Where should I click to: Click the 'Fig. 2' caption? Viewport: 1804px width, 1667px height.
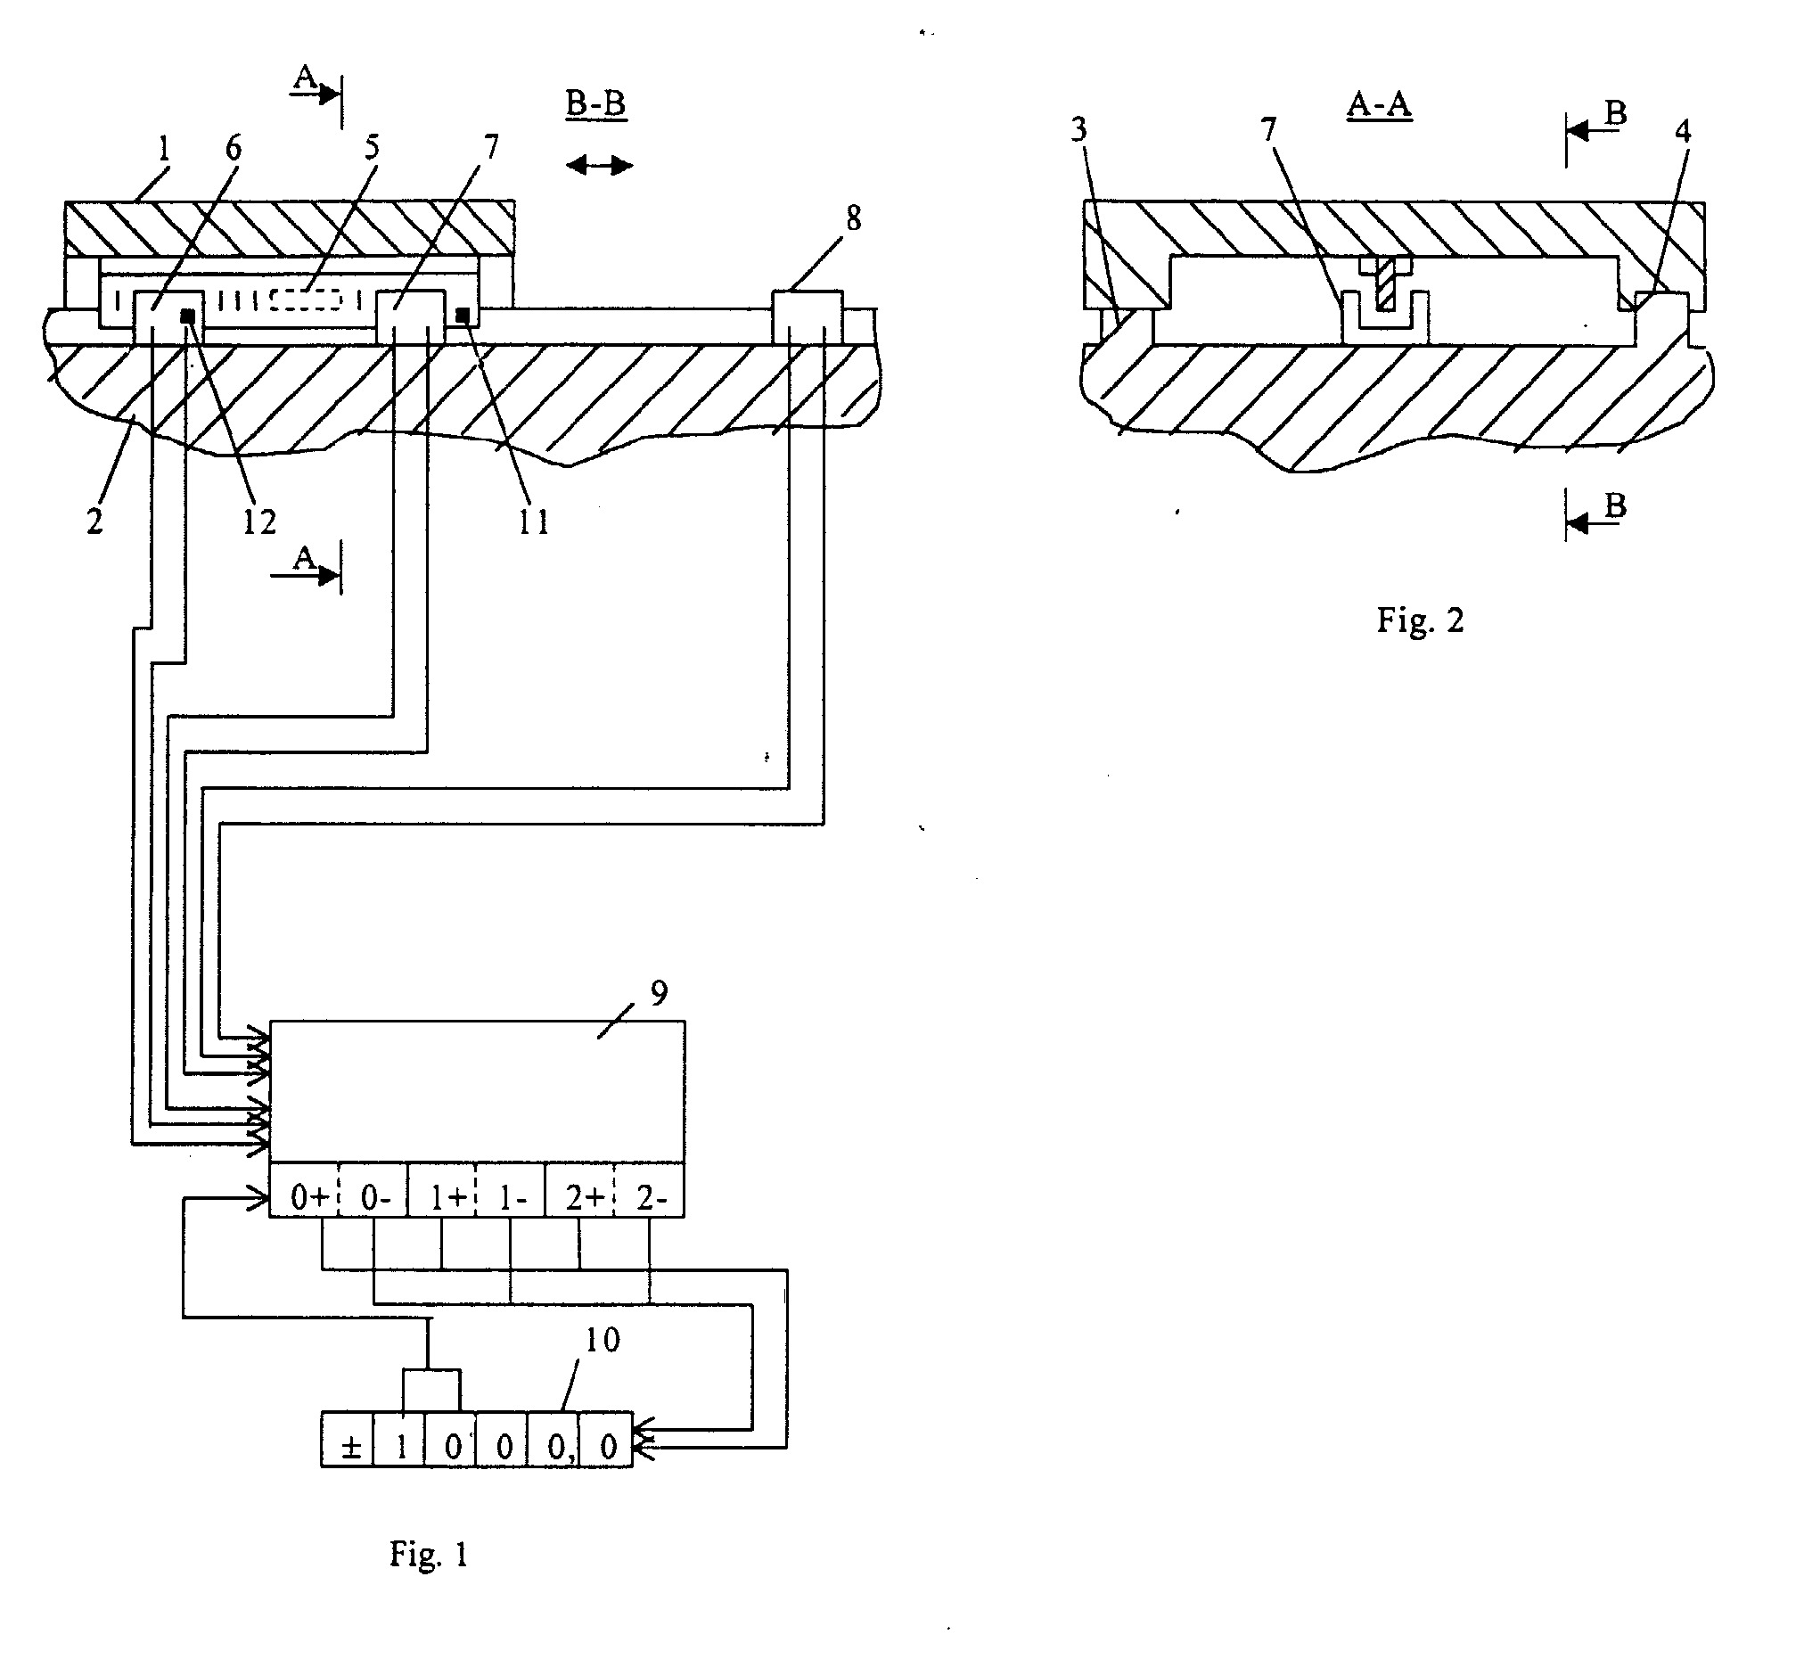pyautogui.click(x=1420, y=620)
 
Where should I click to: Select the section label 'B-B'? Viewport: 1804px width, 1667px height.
pyautogui.click(x=595, y=104)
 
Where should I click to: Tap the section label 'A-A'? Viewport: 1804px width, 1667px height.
pyautogui.click(x=1379, y=105)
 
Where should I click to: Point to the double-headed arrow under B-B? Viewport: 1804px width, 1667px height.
pyautogui.click(x=600, y=165)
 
